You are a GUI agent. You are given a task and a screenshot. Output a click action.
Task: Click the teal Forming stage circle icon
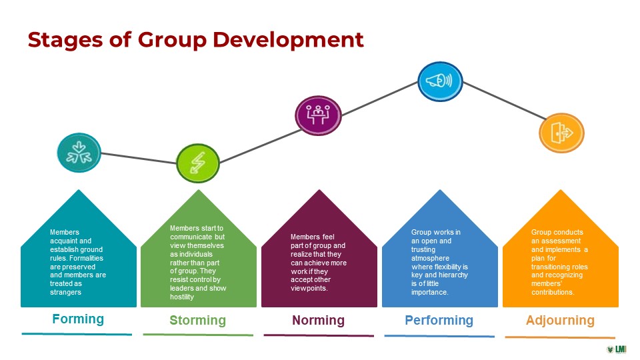point(79,153)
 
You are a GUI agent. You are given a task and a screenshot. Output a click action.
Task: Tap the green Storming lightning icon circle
point(198,163)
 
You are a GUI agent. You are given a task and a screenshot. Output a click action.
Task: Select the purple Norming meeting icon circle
point(318,115)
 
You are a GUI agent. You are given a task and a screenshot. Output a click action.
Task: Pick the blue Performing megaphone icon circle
point(440,81)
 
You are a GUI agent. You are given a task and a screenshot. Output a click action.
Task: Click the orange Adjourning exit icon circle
point(561,133)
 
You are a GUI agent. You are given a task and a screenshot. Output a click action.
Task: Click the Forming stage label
point(78,319)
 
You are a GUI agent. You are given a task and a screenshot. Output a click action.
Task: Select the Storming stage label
point(197,321)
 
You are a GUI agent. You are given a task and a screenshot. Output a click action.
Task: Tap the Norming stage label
point(319,321)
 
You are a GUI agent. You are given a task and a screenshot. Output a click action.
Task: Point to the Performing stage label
point(439,321)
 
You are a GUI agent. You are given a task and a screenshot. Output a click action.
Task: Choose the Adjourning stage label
point(560,321)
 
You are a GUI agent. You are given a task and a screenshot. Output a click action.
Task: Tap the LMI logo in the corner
point(616,349)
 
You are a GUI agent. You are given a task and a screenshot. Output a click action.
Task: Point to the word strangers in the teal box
point(66,292)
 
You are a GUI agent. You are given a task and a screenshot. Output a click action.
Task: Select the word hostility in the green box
point(182,297)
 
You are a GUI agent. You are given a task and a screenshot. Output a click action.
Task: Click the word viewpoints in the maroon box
point(309,288)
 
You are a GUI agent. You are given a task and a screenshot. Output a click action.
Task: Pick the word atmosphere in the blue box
point(430,258)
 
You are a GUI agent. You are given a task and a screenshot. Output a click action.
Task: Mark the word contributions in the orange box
point(553,292)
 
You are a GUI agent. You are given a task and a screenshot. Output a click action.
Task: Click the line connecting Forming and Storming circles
point(139,159)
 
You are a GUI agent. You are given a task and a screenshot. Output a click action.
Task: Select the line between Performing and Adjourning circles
point(504,101)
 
